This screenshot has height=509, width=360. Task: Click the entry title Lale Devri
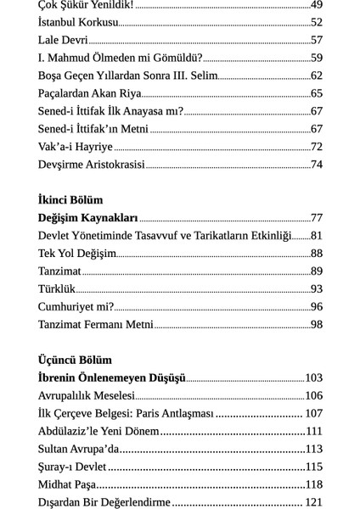[x=63, y=40]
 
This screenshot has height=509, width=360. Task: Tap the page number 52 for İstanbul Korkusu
[x=316, y=22]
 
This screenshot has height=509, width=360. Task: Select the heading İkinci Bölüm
[x=70, y=200]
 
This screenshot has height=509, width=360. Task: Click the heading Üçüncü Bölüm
[x=75, y=360]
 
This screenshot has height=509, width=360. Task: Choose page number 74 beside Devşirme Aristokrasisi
[x=316, y=165]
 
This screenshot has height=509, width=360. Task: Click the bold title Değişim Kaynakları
[x=87, y=218]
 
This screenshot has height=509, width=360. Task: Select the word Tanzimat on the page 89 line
[x=59, y=271]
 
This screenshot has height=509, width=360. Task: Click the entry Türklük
[x=57, y=289]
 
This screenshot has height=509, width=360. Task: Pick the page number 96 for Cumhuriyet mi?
[x=316, y=307]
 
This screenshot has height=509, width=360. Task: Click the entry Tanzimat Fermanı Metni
[x=95, y=325]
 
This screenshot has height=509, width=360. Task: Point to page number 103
[x=313, y=378]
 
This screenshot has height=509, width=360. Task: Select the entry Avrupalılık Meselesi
[x=87, y=395]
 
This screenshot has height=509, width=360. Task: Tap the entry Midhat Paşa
[x=67, y=484]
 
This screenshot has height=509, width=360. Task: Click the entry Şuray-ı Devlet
[x=72, y=467]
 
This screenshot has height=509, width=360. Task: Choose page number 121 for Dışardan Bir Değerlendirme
[x=313, y=502]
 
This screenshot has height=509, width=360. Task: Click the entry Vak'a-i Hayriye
[x=75, y=147]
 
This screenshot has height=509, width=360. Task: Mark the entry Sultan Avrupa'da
[x=80, y=449]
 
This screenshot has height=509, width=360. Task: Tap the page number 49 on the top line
[x=316, y=4]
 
